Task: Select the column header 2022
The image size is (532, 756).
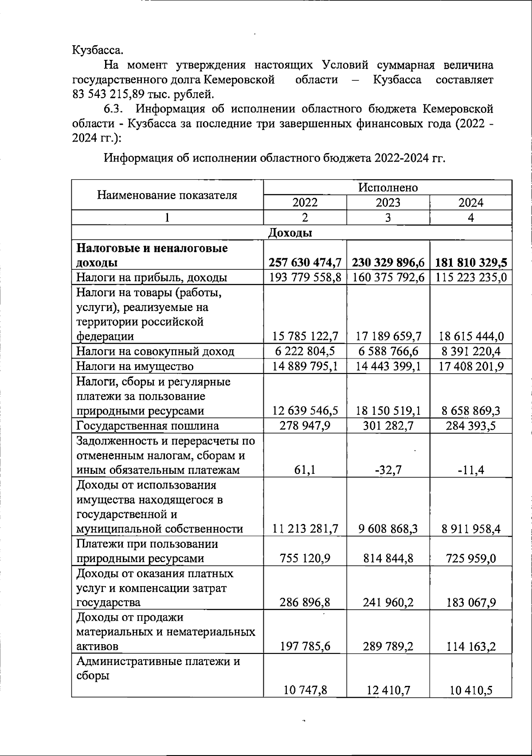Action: (x=305, y=203)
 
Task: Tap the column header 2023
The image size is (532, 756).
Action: (x=387, y=203)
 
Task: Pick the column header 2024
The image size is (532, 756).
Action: (x=470, y=203)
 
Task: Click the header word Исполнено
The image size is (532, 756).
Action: (x=388, y=187)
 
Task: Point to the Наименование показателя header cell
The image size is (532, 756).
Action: (x=167, y=195)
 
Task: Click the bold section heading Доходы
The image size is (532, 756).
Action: (x=290, y=232)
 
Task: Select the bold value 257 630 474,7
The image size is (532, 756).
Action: (x=305, y=263)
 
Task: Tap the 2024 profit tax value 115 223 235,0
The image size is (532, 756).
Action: (x=471, y=278)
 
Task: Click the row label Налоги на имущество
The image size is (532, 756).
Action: (x=135, y=366)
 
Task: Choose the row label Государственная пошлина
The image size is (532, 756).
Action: (x=148, y=426)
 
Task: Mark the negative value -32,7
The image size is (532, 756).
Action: (x=388, y=470)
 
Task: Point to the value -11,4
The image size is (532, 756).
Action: (x=471, y=470)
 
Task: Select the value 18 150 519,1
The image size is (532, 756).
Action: (x=388, y=411)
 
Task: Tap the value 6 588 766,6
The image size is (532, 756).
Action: (x=388, y=351)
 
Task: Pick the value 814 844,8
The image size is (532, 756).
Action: (x=388, y=559)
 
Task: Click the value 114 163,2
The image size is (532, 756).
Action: (x=471, y=647)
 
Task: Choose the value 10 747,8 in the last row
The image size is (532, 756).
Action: (x=305, y=690)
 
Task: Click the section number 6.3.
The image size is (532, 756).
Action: (x=114, y=109)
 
